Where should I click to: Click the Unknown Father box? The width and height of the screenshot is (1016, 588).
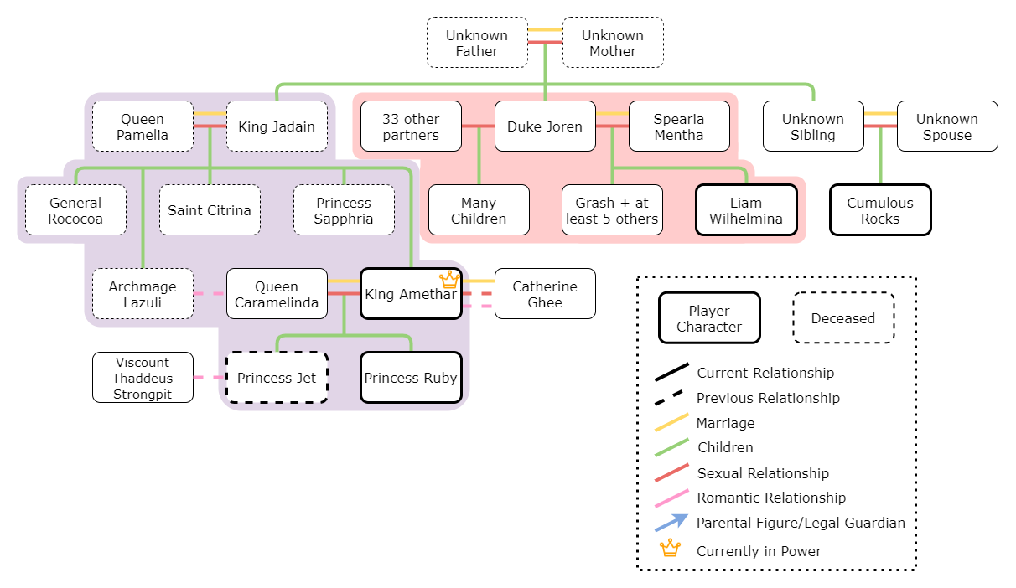477,43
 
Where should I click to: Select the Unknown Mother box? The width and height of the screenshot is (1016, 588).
613,43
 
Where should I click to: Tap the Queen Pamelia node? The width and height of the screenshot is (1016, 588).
143,126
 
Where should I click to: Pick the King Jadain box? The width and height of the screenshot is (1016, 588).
277,126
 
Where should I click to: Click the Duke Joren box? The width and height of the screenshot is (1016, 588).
545,126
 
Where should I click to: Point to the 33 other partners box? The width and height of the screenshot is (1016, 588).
411,126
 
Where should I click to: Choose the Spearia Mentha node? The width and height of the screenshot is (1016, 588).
679,126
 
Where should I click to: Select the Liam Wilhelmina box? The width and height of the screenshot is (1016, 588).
746,210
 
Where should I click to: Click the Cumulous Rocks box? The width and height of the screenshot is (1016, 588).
880,210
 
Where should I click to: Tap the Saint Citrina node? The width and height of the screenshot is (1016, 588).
210,210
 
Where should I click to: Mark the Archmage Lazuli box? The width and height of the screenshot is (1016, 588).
143,294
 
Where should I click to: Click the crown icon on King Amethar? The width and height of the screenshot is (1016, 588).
450,280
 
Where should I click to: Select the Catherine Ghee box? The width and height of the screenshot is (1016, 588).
545,294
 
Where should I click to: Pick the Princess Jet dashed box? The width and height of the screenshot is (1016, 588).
277,378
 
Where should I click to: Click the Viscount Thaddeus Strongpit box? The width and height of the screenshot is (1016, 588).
143,378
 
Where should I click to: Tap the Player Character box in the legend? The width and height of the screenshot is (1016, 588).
709,318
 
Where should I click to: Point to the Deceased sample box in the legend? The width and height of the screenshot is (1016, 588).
843,318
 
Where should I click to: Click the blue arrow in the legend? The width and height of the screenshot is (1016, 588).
671,523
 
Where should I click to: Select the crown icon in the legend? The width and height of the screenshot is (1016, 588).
670,549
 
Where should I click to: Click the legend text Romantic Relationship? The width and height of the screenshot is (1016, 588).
771,498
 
